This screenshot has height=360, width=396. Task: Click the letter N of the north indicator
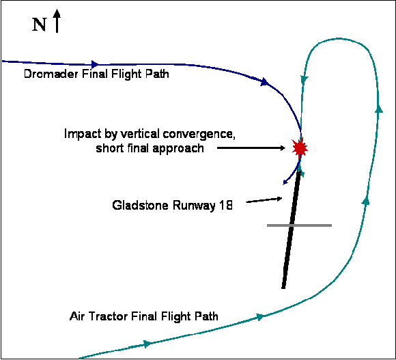[x=39, y=25]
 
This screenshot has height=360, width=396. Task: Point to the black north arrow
[x=57, y=20]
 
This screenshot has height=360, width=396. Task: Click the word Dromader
[x=51, y=74]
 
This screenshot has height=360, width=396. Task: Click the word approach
[x=178, y=148]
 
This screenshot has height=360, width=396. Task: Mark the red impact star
[x=300, y=148]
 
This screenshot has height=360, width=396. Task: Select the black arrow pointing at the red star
[x=251, y=148]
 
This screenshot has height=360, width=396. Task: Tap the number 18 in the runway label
[x=225, y=205]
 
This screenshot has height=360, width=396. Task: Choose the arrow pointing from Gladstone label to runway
[x=264, y=200]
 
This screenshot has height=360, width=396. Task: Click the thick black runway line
[x=291, y=230]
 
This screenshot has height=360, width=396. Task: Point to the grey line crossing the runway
[x=299, y=225]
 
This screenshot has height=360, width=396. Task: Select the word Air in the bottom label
[x=78, y=316]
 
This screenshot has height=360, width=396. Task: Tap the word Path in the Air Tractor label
[x=206, y=316]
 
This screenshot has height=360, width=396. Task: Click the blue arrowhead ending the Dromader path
[x=285, y=182]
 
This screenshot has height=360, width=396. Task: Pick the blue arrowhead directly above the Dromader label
[x=95, y=64]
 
